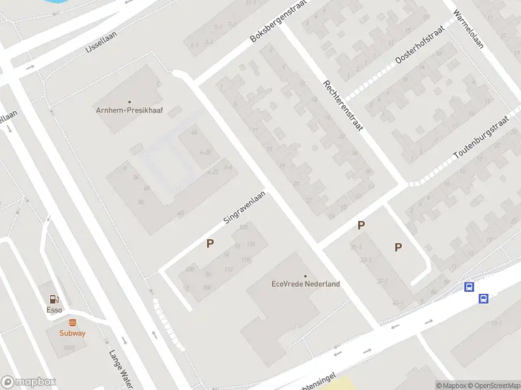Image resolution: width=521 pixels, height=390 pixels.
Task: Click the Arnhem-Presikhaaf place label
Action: tap(129, 110)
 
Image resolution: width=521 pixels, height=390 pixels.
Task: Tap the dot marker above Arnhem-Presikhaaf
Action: tap(129, 101)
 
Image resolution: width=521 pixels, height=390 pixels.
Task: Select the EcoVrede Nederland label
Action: tap(305, 284)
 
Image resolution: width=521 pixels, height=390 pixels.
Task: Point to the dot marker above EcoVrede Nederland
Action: tap(305, 276)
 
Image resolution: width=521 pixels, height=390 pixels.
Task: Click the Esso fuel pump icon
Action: tap(54, 300)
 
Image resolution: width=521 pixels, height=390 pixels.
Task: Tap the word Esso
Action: tap(54, 310)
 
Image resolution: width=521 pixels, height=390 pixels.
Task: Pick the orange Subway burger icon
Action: tap(72, 322)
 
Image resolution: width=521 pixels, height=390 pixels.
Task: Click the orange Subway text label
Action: tap(72, 333)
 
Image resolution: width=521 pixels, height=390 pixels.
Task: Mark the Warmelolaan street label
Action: tap(468, 30)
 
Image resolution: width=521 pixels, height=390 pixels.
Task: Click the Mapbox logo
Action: tap(29, 382)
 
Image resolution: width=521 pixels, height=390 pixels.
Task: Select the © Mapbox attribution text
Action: tap(449, 385)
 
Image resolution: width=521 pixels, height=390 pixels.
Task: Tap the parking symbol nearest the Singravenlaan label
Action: tap(210, 244)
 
